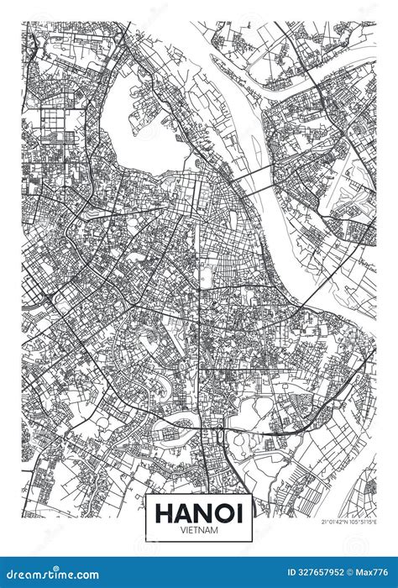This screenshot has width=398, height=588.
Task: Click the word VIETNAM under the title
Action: (x=199, y=529)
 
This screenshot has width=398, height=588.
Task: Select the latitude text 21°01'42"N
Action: (x=334, y=521)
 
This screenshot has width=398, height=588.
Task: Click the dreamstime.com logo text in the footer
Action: (x=50, y=573)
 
